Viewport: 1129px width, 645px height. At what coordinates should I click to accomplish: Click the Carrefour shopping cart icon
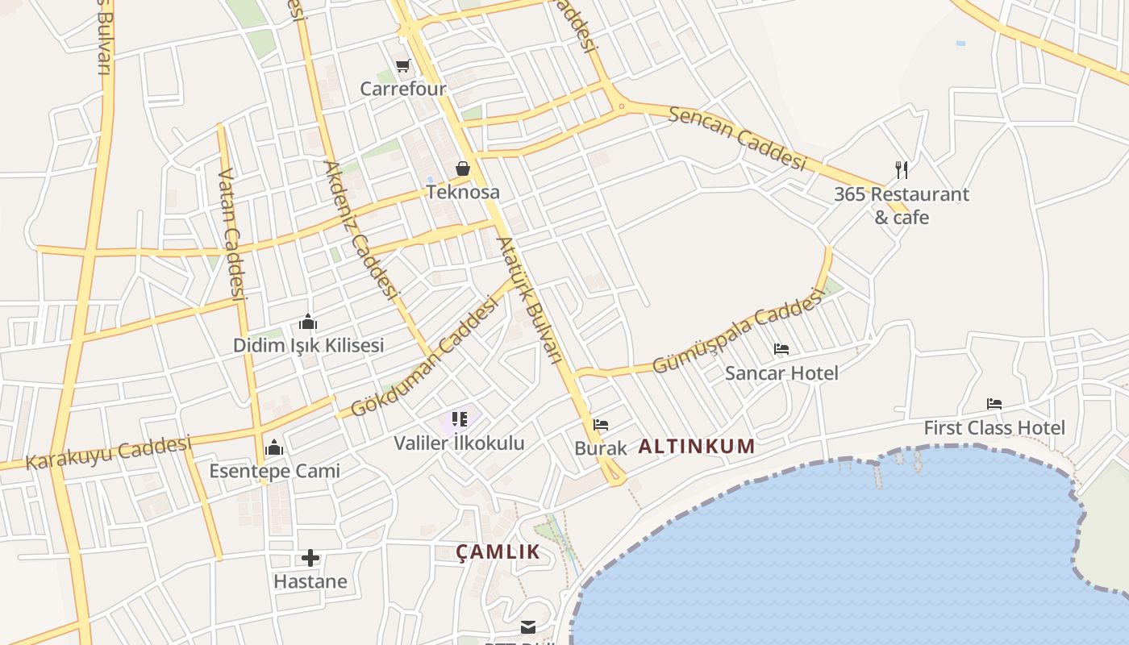[402, 65]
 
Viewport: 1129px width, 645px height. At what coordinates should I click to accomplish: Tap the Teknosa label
[463, 192]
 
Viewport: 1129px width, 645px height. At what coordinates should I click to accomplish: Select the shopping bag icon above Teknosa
[463, 169]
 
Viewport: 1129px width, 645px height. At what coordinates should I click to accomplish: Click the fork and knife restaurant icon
[902, 170]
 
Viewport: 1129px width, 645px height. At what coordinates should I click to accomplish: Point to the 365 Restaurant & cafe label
[902, 206]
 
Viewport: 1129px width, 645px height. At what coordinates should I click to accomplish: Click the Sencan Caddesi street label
[737, 137]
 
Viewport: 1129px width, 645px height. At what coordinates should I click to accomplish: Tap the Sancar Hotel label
[781, 372]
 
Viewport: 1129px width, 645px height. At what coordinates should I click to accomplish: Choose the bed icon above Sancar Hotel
[781, 349]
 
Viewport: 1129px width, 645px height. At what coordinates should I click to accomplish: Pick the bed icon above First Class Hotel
[994, 404]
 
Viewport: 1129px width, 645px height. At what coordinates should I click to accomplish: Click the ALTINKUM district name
[697, 446]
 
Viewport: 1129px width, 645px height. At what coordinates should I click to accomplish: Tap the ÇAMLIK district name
[498, 551]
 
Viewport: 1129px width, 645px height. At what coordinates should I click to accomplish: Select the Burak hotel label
[600, 448]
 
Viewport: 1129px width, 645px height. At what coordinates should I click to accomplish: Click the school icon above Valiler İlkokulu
[460, 419]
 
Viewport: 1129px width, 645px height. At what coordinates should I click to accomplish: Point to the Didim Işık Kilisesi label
[308, 345]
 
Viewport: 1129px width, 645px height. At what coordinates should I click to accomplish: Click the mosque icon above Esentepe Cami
[274, 447]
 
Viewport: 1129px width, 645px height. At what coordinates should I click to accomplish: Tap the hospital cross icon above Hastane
[310, 558]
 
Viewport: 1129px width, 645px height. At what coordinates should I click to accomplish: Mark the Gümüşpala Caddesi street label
[737, 332]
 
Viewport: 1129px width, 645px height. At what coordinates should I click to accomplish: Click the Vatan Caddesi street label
[231, 234]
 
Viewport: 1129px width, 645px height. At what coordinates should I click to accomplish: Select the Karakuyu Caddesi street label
[109, 452]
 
